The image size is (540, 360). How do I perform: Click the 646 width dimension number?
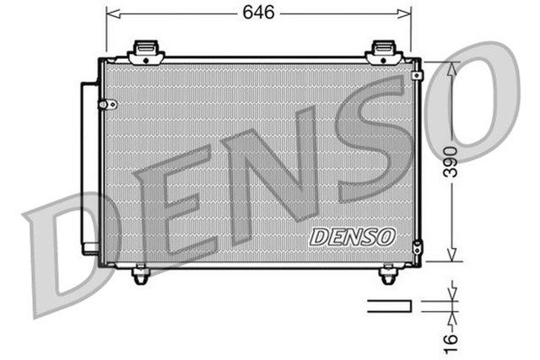[258, 13]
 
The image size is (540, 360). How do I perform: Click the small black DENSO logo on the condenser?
[352, 237]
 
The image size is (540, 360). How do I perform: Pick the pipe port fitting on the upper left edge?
[106, 105]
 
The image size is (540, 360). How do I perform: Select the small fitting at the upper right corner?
[417, 75]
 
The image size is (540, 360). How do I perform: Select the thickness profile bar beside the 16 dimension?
[389, 305]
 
